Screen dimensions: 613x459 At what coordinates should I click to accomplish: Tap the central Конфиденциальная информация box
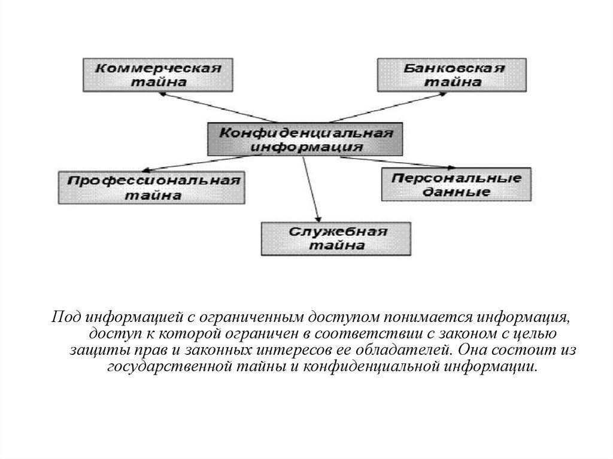click(305, 139)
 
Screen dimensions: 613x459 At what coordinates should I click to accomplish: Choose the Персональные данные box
click(456, 184)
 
